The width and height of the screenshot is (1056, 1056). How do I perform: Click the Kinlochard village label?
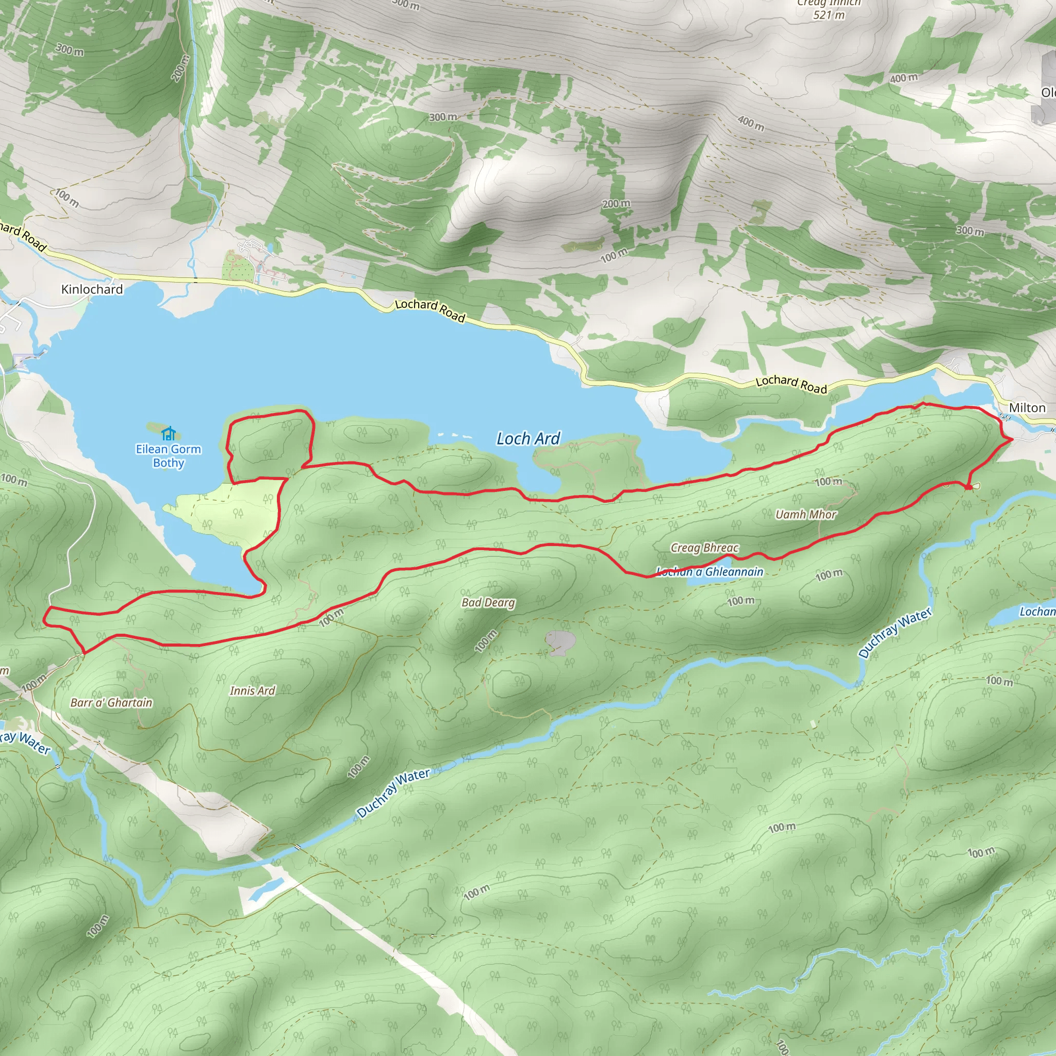point(92,289)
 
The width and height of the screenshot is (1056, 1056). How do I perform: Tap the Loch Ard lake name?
point(528,438)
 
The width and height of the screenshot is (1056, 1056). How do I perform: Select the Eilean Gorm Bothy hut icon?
point(168,434)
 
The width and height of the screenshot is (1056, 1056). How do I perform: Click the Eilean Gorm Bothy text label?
point(168,456)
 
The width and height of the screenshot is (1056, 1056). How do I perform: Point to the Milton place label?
point(1027,408)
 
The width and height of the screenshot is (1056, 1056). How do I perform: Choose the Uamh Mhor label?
point(806,514)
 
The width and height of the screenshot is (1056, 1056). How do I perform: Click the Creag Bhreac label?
point(704,548)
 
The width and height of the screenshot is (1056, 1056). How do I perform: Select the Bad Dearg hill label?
point(488,602)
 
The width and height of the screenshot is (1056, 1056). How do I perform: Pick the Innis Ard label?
point(253,691)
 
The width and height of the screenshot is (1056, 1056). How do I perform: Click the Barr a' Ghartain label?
point(111,703)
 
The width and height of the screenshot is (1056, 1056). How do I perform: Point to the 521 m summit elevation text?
point(829,15)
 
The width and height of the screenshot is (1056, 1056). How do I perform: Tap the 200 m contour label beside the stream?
point(180,69)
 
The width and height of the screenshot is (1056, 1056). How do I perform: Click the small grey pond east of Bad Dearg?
point(559,642)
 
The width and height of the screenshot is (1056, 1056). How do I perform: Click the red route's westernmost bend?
point(45,620)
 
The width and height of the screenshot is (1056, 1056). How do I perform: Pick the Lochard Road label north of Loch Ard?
point(430,310)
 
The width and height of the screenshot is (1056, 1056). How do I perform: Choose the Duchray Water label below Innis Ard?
point(393,793)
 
